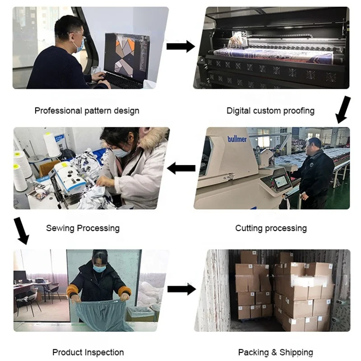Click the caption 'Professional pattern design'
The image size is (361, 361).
pos(87,111)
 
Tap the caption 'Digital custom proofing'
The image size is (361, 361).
pos(270,111)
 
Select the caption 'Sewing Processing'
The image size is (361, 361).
pos(83,228)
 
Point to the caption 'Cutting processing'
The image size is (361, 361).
pos(271,228)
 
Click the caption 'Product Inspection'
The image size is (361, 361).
pos(88,352)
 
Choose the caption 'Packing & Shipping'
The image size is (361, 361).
pos(275,352)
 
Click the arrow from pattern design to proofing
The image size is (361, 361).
pos(180,46)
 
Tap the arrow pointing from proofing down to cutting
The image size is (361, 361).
pos(343,109)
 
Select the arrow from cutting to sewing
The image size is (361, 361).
pos(181,169)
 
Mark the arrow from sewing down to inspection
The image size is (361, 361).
pos(21,230)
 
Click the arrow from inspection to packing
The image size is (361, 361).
pos(181,289)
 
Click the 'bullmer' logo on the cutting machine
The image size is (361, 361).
pos(237,139)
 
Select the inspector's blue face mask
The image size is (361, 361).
pos(99,268)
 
